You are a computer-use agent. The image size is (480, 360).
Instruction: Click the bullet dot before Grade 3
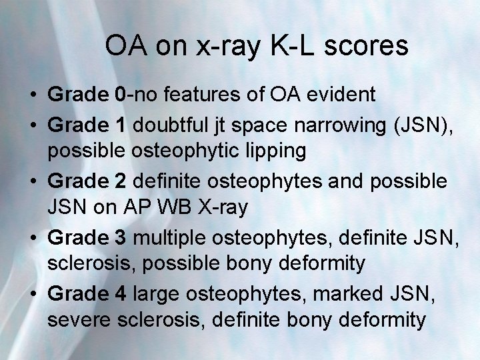point(33,237)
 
